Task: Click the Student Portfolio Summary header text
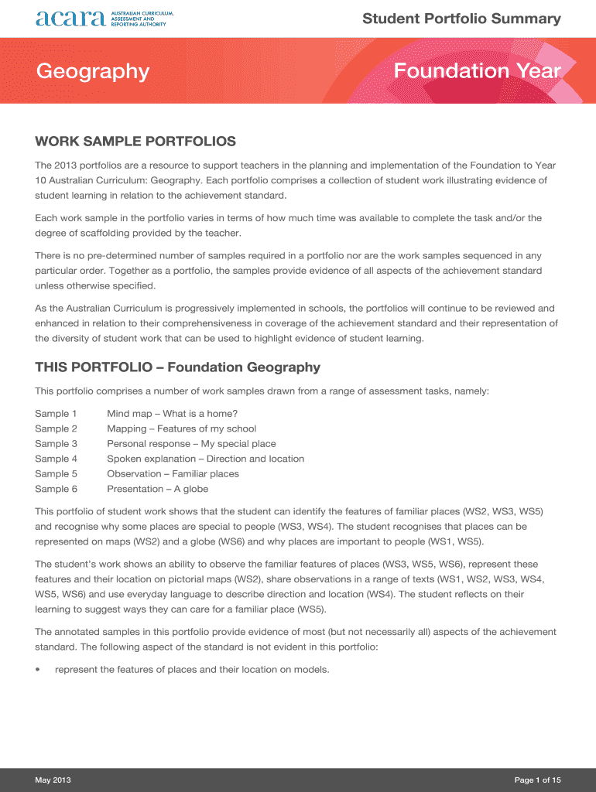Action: pos(461,19)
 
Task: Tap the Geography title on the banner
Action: pos(92,71)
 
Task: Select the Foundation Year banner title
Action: pos(477,71)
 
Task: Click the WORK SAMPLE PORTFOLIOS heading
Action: pos(135,142)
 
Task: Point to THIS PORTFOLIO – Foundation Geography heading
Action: pos(177,367)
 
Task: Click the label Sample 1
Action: pos(57,414)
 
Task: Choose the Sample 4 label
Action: pos(57,459)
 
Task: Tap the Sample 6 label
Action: pos(57,489)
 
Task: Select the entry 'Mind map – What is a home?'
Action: pos(172,414)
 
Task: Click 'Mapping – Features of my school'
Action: pos(181,428)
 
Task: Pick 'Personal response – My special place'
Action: pos(191,444)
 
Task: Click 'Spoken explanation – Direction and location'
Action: pos(205,459)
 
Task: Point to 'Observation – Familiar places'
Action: pos(173,474)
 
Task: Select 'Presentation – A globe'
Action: pos(157,489)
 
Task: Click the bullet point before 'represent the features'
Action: pos(38,670)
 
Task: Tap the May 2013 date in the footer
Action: pos(53,780)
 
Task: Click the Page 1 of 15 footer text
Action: pos(537,780)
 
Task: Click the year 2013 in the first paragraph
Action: pos(67,166)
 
